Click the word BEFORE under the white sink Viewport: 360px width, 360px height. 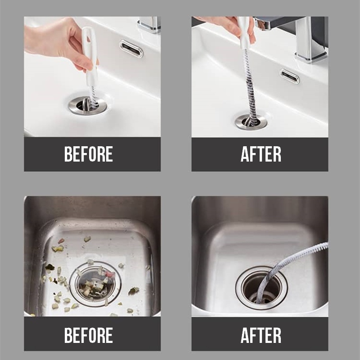click(x=89, y=154)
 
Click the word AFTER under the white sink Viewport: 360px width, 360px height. click(x=261, y=154)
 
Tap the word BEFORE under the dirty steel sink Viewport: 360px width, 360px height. click(x=89, y=335)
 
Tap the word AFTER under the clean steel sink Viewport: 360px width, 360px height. click(x=261, y=335)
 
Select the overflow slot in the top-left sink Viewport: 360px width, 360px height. click(x=131, y=49)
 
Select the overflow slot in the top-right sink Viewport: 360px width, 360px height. click(x=290, y=76)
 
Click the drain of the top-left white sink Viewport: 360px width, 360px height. click(x=88, y=106)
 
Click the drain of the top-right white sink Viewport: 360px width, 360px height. click(x=251, y=121)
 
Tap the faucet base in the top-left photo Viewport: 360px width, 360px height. click(x=149, y=25)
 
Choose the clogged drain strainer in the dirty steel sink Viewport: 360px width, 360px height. click(x=95, y=285)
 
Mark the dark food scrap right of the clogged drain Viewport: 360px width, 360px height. click(x=133, y=291)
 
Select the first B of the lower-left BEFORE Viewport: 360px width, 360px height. click(x=69, y=335)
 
